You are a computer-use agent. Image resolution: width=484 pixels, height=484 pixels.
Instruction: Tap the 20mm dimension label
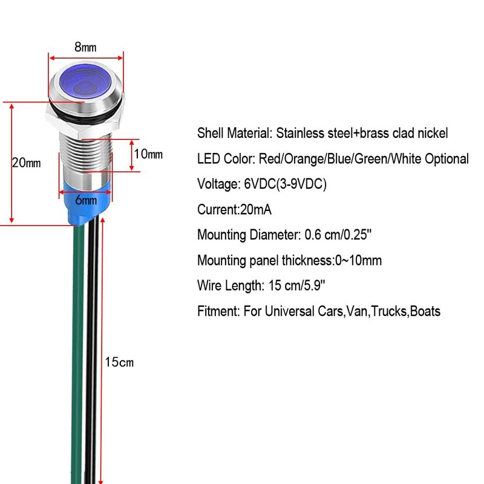coord(26,163)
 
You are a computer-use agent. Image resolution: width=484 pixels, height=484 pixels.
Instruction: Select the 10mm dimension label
coord(148,154)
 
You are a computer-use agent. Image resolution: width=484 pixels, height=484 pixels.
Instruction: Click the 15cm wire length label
coord(119,363)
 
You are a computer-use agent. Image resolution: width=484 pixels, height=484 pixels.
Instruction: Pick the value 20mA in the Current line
coord(257,209)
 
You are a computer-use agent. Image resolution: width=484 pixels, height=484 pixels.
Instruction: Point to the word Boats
coord(425,312)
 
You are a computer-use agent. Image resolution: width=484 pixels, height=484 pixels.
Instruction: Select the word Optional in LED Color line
coord(446,159)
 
